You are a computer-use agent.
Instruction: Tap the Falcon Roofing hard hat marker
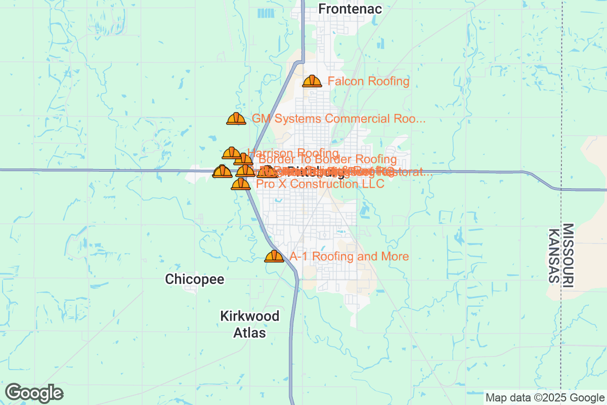[x=312, y=81]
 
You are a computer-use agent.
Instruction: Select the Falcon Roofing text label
[x=368, y=81]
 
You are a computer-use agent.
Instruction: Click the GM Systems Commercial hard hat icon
[x=236, y=119]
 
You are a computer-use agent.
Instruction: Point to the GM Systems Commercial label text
[x=338, y=119]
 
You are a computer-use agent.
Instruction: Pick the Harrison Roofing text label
[x=293, y=153]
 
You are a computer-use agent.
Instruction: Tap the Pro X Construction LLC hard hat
[x=241, y=184]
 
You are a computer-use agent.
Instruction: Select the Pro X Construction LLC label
[x=320, y=184]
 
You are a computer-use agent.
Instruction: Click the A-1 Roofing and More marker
[x=274, y=257]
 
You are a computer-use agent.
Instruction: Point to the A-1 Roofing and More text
[x=349, y=257]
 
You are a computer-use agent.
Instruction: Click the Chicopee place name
[x=195, y=279]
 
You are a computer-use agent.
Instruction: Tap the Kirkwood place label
[x=250, y=316]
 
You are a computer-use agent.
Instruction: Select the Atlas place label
[x=250, y=333]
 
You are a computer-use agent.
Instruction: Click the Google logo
[x=34, y=393]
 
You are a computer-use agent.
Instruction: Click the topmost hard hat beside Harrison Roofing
[x=232, y=152]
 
